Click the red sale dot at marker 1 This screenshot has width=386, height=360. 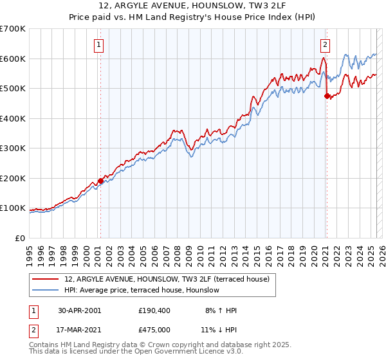(100, 181)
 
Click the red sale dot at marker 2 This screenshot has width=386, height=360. (326, 96)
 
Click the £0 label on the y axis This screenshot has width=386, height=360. (21, 238)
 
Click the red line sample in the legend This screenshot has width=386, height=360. (44, 279)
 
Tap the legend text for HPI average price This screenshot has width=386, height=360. (142, 290)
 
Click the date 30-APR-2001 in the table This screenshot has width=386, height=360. (79, 310)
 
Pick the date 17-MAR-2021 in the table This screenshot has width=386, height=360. (79, 329)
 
